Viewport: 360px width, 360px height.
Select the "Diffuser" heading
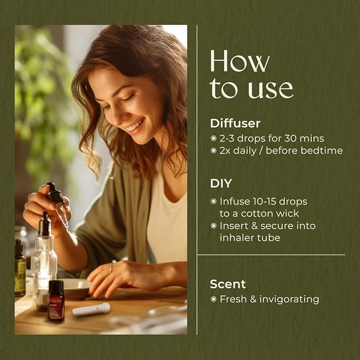tap(235, 124)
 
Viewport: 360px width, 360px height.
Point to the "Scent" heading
tap(227, 284)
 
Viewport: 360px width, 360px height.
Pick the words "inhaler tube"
tap(250, 238)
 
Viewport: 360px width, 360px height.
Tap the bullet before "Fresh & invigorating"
tap(214, 300)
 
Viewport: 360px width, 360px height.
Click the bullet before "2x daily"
tap(214, 151)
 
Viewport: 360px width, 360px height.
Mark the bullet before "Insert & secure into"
tap(214, 226)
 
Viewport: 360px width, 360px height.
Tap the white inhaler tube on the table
tap(91, 309)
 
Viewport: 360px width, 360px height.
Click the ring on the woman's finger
tap(111, 269)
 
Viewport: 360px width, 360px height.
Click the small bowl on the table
tap(75, 288)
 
